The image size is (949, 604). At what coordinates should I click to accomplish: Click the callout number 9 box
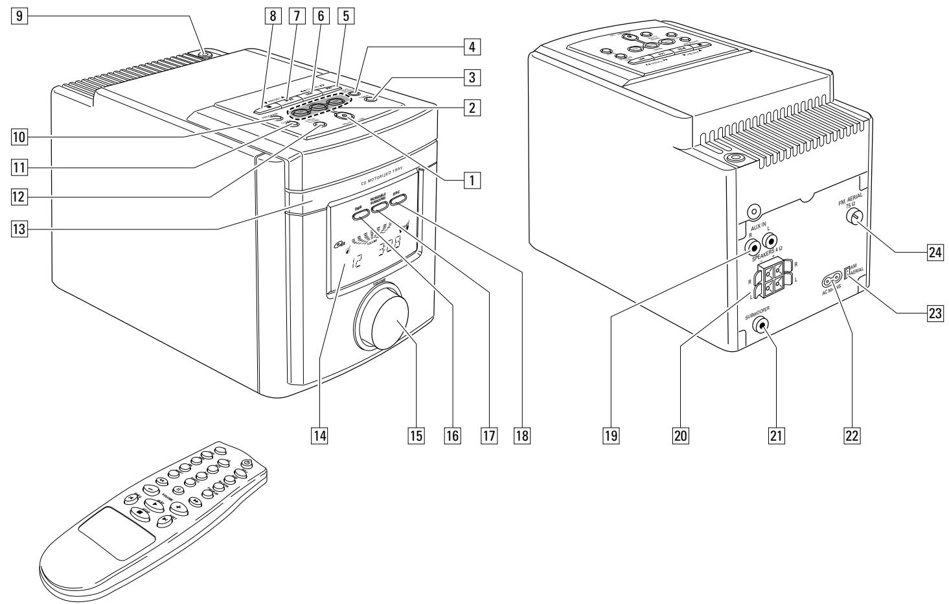coord(22,16)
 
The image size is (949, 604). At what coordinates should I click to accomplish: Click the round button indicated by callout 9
coord(205,54)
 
